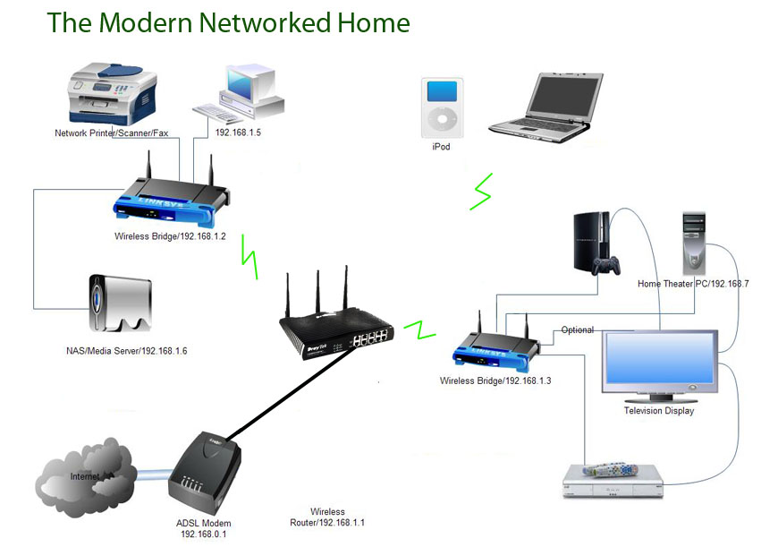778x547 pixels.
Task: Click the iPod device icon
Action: tap(440, 105)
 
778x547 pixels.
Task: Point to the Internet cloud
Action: tap(80, 474)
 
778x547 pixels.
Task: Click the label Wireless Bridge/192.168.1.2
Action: tap(170, 237)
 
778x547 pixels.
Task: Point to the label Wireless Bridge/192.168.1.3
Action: tap(495, 380)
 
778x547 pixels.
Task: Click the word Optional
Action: tap(577, 330)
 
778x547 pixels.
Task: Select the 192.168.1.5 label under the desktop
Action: tap(239, 132)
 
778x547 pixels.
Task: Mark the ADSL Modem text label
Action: tap(204, 523)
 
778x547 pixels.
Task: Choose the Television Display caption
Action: tap(658, 411)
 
